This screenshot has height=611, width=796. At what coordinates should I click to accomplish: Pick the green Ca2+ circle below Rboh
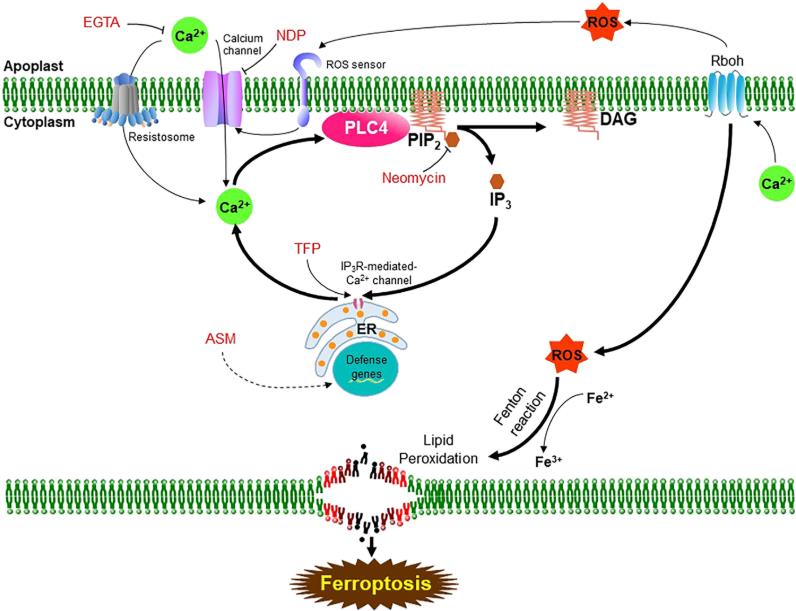[x=765, y=187]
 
